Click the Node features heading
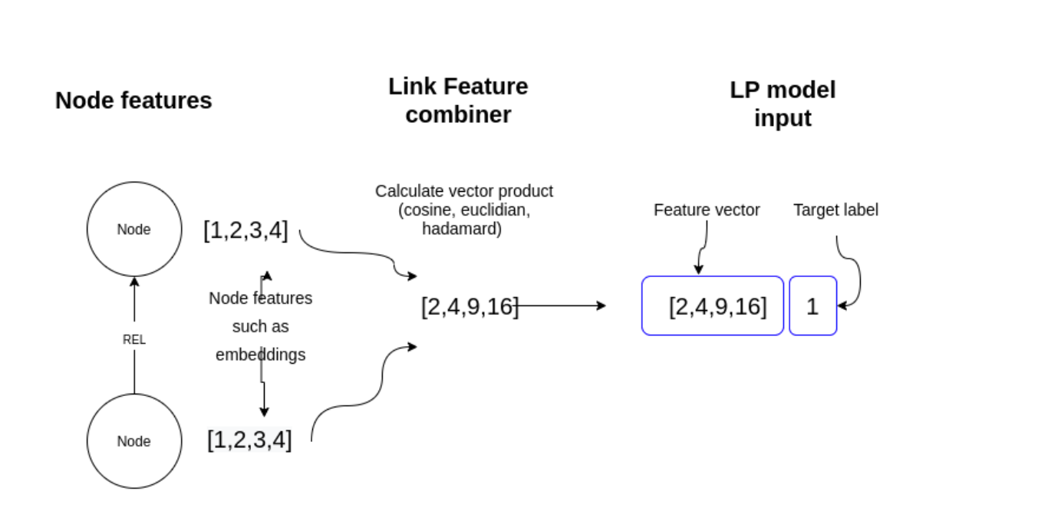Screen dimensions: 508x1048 (133, 101)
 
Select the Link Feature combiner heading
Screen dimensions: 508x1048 (458, 101)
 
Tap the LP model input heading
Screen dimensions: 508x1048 (783, 104)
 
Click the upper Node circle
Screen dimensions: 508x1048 (134, 229)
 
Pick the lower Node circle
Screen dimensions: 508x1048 (134, 441)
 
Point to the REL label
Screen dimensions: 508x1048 (134, 339)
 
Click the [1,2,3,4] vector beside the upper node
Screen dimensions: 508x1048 (246, 230)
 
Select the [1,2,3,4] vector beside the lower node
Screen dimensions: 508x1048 (249, 440)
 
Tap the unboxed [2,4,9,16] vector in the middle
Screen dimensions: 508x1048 (469, 306)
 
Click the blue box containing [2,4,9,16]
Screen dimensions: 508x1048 (713, 306)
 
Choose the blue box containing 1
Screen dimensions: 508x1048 (812, 306)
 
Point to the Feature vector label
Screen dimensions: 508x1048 (707, 209)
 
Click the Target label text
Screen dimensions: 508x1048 (835, 209)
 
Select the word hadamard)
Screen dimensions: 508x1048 (462, 229)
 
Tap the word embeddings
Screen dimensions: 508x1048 (260, 355)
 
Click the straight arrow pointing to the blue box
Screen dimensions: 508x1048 (560, 305)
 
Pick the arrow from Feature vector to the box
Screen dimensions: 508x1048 (702, 246)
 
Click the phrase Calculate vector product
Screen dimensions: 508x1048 (464, 191)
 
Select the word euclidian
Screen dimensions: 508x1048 (496, 210)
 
